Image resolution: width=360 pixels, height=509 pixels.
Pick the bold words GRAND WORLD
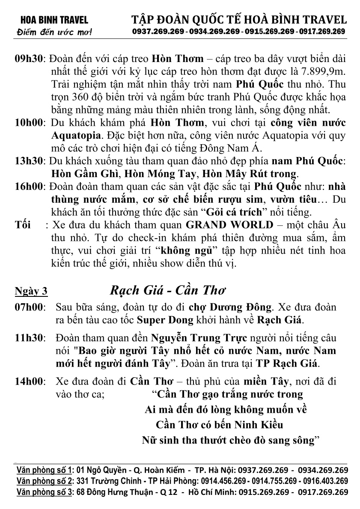click(x=229, y=225)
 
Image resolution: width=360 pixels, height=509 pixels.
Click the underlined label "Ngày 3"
click(x=31, y=292)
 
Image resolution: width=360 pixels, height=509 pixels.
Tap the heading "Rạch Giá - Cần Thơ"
click(x=168, y=290)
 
